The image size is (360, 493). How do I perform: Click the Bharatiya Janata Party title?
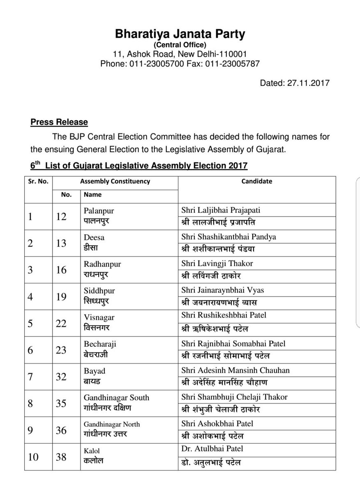[180, 35]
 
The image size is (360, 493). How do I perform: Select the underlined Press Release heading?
[59, 122]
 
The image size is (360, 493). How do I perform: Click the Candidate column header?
[257, 181]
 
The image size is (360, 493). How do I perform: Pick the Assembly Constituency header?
[115, 181]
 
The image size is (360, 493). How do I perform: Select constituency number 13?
[61, 243]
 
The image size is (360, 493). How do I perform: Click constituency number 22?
[61, 323]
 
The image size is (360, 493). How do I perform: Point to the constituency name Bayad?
[95, 371]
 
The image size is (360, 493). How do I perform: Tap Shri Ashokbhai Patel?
[217, 424]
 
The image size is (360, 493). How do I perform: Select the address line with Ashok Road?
[180, 54]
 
